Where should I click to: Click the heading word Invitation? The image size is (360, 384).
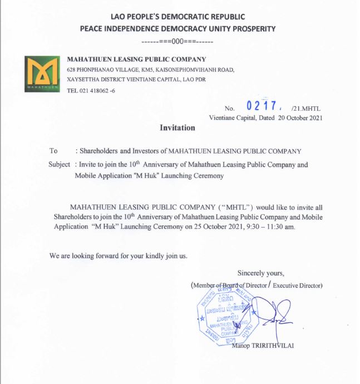tap(177, 128)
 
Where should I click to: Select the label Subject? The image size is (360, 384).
tap(60, 165)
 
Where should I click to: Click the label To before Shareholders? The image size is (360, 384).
tap(54, 151)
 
